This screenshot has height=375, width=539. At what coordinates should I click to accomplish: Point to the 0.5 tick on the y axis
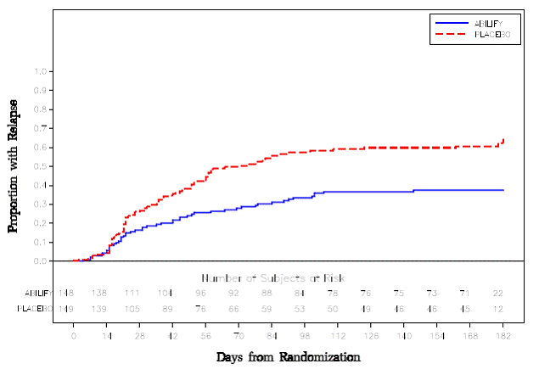pyautogui.click(x=40, y=166)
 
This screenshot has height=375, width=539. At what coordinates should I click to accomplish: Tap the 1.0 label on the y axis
pyautogui.click(x=40, y=71)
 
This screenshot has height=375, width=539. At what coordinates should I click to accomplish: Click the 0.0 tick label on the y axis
pyautogui.click(x=40, y=261)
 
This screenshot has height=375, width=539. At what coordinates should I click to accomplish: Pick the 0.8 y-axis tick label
pyautogui.click(x=40, y=109)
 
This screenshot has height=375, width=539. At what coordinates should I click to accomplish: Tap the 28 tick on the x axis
pyautogui.click(x=139, y=336)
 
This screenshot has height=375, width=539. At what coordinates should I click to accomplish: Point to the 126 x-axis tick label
pyautogui.click(x=371, y=336)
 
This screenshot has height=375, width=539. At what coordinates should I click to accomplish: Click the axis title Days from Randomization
pyautogui.click(x=288, y=357)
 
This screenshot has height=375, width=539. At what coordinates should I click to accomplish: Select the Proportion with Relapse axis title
pyautogui.click(x=14, y=166)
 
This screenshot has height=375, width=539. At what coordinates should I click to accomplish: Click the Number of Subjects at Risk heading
pyautogui.click(x=272, y=278)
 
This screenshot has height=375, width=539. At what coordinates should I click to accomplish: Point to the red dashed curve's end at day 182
pyautogui.click(x=503, y=140)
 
